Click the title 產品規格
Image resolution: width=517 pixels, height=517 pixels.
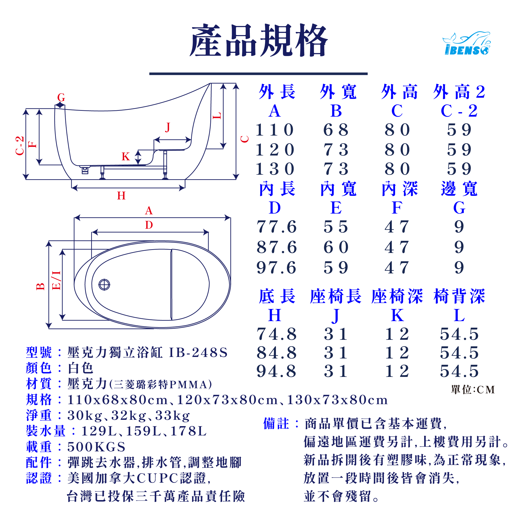pyautogui.click(x=258, y=41)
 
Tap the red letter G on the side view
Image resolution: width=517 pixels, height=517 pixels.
pyautogui.click(x=61, y=97)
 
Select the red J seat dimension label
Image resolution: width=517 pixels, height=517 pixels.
pyautogui.click(x=168, y=127)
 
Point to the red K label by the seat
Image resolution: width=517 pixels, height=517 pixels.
pyautogui.click(x=125, y=157)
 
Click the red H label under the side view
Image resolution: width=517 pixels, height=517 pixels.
pyautogui.click(x=121, y=196)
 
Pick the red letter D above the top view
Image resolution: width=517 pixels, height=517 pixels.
pyautogui.click(x=149, y=225)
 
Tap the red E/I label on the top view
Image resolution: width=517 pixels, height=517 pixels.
pyautogui.click(x=57, y=280)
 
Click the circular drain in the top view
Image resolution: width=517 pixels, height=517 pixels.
pyautogui.click(x=104, y=285)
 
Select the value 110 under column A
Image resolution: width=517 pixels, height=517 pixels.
pyautogui.click(x=275, y=130)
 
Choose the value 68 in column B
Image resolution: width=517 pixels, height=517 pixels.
pyautogui.click(x=336, y=130)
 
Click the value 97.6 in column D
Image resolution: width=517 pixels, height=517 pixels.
pyautogui.click(x=276, y=268)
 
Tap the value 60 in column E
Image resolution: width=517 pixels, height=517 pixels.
pyautogui.click(x=336, y=247)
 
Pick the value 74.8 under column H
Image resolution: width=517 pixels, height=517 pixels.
pyautogui.click(x=276, y=334)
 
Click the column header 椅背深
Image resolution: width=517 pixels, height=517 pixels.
pyautogui.click(x=459, y=296)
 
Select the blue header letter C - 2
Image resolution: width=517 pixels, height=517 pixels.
pyautogui.click(x=459, y=111)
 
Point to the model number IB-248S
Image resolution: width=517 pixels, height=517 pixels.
pyautogui.click(x=198, y=352)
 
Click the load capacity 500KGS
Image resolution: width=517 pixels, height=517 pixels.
pyautogui.click(x=96, y=447)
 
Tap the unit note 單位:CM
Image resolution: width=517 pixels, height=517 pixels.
pyautogui.click(x=473, y=390)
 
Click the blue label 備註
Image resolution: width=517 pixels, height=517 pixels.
pyautogui.click(x=276, y=424)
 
